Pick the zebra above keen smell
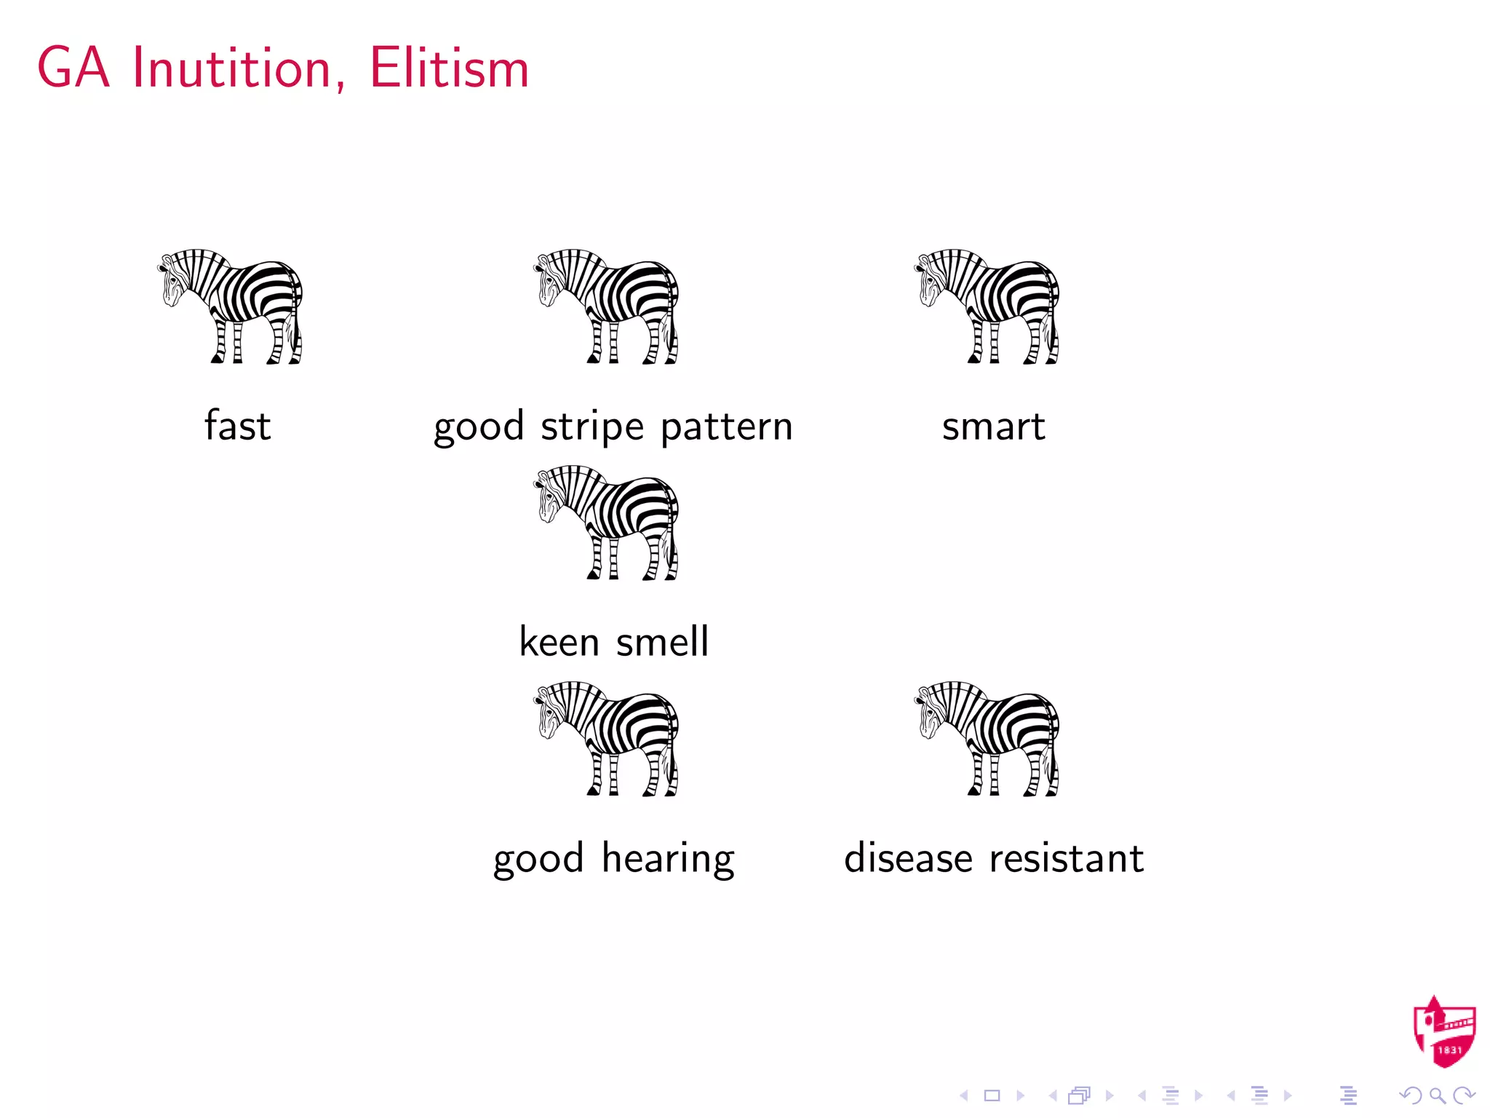[608, 522]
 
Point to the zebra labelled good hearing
[608, 738]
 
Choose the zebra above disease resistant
[988, 738]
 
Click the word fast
[237, 426]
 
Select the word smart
[993, 427]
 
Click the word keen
[559, 642]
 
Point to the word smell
[662, 642]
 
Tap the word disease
[908, 858]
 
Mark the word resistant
[1066, 858]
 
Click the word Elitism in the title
[449, 68]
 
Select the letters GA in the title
[74, 68]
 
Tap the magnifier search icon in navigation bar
[1437, 1095]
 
